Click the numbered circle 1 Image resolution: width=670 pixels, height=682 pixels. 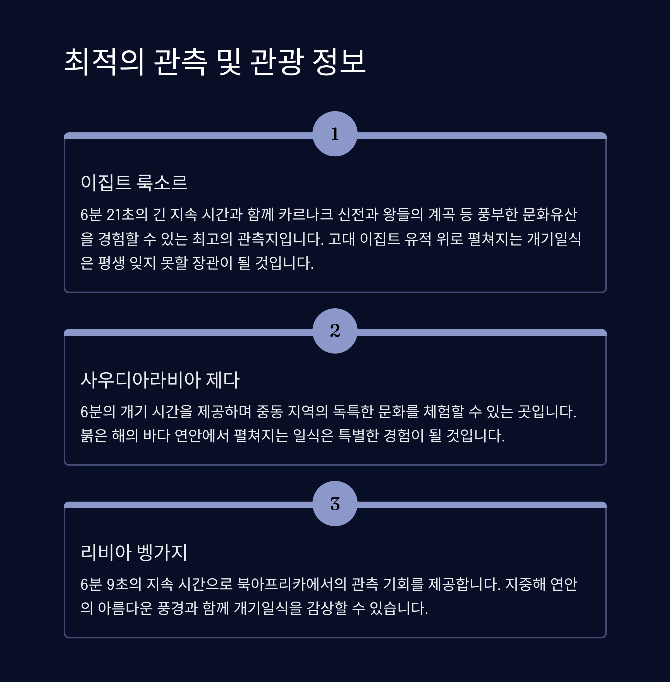(335, 134)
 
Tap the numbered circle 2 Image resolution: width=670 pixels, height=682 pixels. (335, 331)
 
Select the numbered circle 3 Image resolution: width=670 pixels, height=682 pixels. (335, 504)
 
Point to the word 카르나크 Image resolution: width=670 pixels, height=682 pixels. (305, 214)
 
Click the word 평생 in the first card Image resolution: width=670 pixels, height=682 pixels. (111, 263)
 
